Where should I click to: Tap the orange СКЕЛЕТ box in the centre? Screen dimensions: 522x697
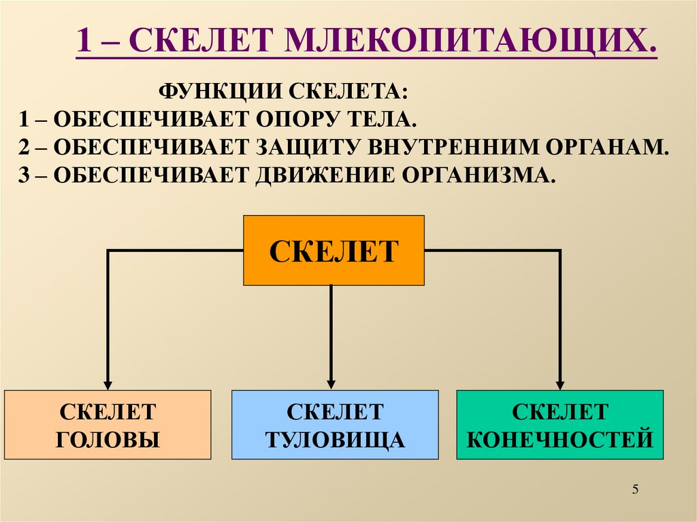coord(334,250)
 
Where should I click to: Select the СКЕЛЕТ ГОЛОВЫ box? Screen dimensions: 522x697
coord(108,425)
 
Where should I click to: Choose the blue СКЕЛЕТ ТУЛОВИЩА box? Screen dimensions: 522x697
coord(334,425)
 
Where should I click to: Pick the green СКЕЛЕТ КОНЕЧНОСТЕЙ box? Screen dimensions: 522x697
coord(560,425)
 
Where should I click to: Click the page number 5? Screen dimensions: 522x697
coord(636,489)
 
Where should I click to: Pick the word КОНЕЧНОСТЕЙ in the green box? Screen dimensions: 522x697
coord(560,439)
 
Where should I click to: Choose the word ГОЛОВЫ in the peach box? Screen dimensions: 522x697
coord(108,440)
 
